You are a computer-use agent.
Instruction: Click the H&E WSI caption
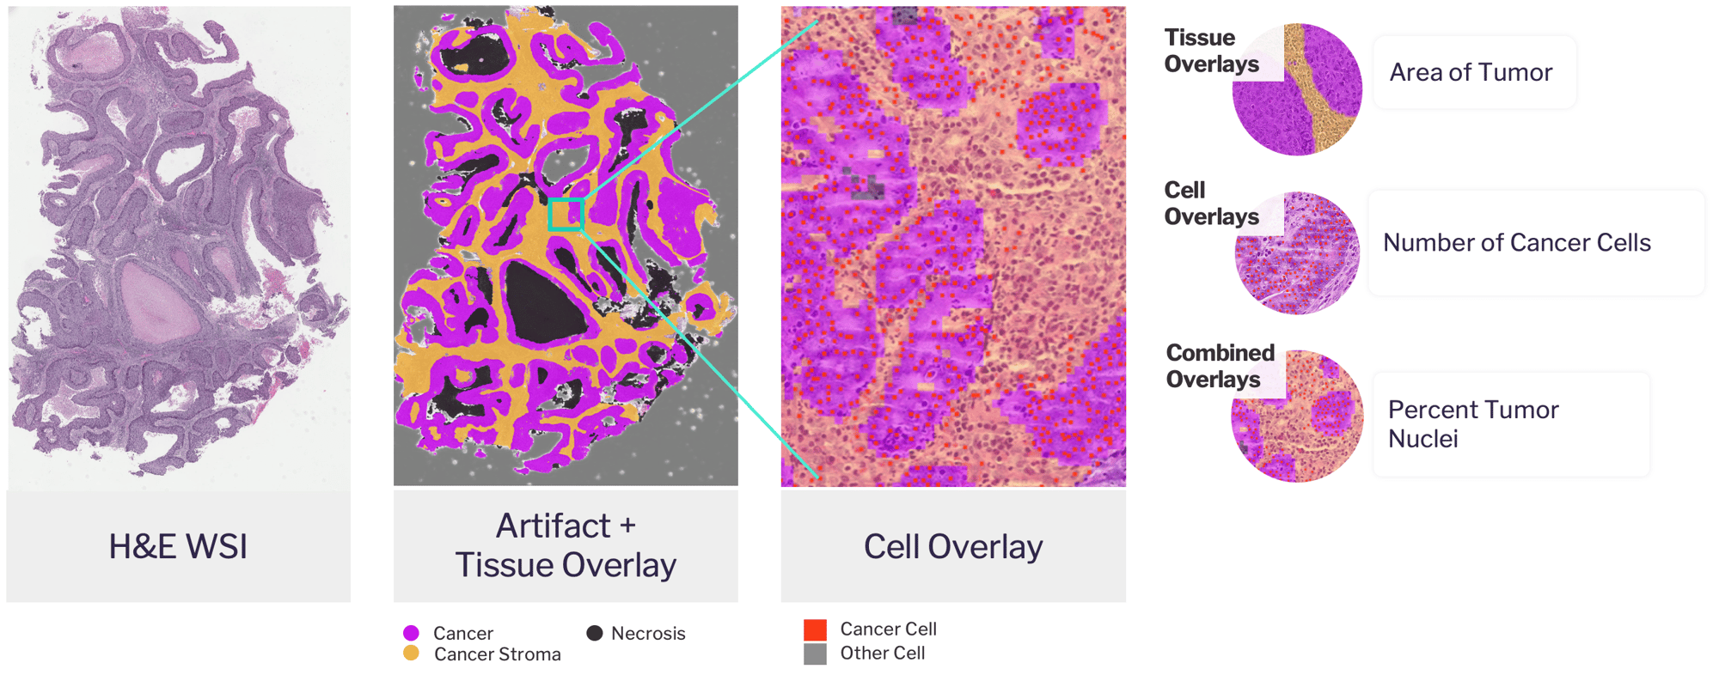click(x=178, y=547)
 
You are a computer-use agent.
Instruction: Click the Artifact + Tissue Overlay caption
click(x=566, y=545)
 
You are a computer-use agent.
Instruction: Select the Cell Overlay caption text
click(x=953, y=547)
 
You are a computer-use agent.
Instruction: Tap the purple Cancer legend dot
click(x=411, y=633)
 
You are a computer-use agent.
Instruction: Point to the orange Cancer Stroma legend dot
click(x=411, y=654)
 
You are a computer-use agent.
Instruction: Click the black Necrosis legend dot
click(x=594, y=633)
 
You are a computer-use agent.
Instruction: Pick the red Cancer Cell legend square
click(x=815, y=629)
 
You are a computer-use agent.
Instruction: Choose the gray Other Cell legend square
click(x=815, y=654)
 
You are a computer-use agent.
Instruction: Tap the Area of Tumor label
click(x=1471, y=72)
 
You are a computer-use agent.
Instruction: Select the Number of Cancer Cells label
click(x=1516, y=243)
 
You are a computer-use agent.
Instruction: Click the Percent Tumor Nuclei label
click(x=1473, y=423)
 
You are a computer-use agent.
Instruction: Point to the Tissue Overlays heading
click(x=1211, y=51)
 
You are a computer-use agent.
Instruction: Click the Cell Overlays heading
click(x=1211, y=204)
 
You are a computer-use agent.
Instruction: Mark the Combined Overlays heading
click(x=1220, y=366)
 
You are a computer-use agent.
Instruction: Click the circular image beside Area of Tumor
click(x=1297, y=89)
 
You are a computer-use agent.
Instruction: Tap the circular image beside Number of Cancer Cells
click(x=1297, y=253)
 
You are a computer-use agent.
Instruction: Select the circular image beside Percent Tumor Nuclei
click(x=1297, y=416)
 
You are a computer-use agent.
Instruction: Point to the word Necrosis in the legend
click(x=648, y=634)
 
